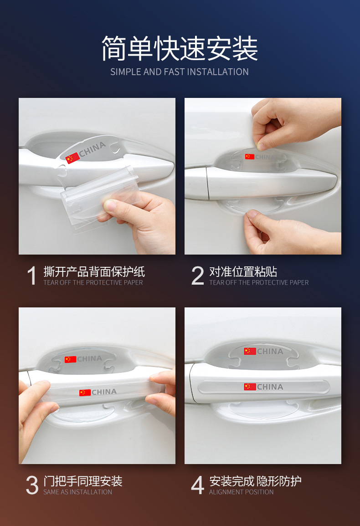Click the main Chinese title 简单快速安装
[180, 49]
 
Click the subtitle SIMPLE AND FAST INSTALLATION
[180, 72]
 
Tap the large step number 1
[31, 276]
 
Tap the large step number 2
[198, 276]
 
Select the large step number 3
[32, 485]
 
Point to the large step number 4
[197, 485]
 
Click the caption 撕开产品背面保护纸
[94, 271]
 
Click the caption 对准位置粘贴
[243, 271]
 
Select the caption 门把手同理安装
[83, 481]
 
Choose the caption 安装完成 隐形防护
[255, 481]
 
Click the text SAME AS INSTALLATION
[77, 492]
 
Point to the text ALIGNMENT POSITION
[241, 492]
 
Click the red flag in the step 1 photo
[72, 158]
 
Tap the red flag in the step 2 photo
[250, 157]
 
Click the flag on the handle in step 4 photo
[250, 387]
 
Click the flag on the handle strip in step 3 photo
[85, 393]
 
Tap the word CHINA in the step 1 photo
[93, 149]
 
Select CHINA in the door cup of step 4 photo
[270, 351]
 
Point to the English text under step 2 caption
[259, 282]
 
